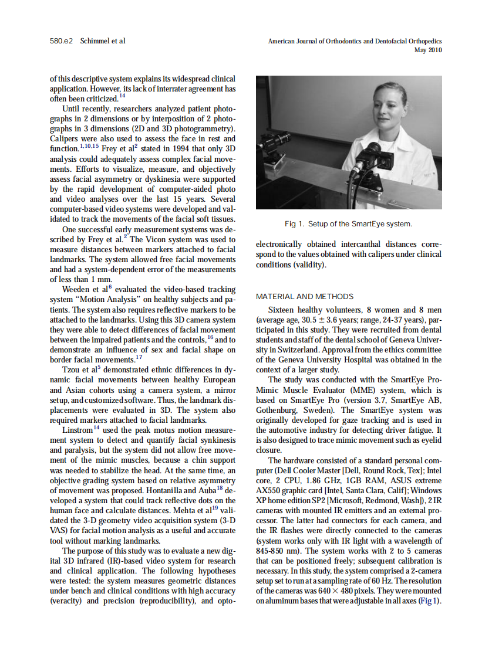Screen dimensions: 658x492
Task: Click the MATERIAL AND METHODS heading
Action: (305, 296)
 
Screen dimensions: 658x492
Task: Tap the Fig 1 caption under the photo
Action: (349, 224)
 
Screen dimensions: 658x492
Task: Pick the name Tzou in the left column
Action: (73, 369)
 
